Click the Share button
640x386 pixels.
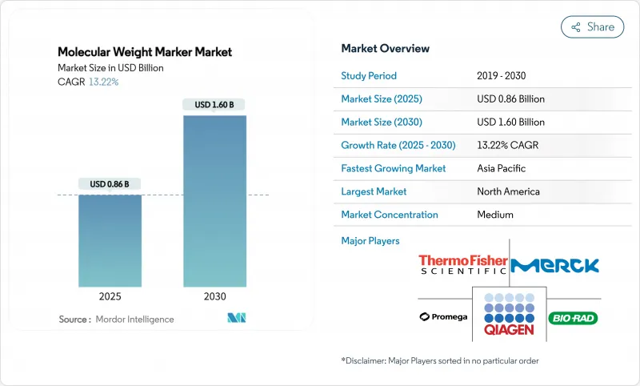[x=592, y=26]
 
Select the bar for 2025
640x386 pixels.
[x=110, y=240]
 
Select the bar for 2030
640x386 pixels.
[x=214, y=200]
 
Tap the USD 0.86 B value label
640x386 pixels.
[x=110, y=184]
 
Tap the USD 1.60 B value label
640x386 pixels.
[x=214, y=105]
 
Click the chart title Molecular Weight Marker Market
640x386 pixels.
[x=145, y=52]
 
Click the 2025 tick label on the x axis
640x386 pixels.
[x=110, y=296]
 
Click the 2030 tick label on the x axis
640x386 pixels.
[x=214, y=296]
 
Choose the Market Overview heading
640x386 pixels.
[x=385, y=48]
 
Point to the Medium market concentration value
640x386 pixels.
[x=494, y=215]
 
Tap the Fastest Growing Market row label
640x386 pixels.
[x=394, y=168]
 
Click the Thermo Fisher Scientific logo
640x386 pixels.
[x=464, y=264]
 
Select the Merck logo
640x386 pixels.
[x=554, y=265]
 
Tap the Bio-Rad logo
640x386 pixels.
[x=573, y=318]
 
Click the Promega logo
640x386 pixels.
[x=444, y=317]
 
